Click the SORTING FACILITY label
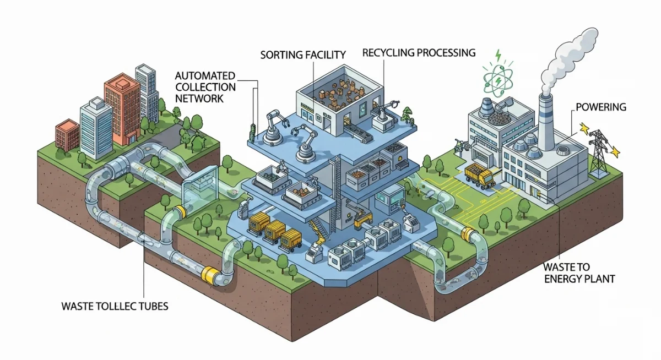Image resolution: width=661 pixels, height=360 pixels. pyautogui.click(x=303, y=54)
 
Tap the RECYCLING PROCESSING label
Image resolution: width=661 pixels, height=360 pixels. pyautogui.click(x=419, y=53)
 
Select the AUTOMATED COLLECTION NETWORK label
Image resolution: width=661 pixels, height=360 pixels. pyautogui.click(x=205, y=86)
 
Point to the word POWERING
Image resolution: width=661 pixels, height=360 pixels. pyautogui.click(x=601, y=107)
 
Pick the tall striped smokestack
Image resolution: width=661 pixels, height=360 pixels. pyautogui.click(x=546, y=121)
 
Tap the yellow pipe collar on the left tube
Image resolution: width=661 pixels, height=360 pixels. pyautogui.click(x=210, y=274)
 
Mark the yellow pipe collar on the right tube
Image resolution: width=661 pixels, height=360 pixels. pyautogui.click(x=470, y=235)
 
